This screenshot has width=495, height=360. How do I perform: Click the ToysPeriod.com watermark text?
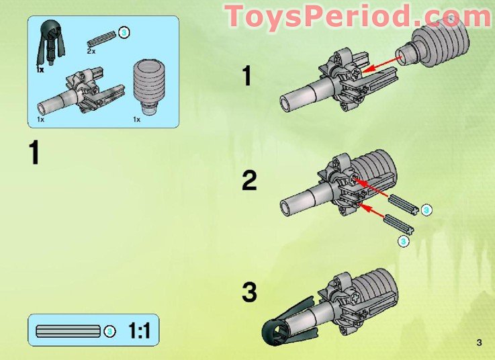358,16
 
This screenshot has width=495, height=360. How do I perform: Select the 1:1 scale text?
140,331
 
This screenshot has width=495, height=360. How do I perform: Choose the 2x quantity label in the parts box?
91,51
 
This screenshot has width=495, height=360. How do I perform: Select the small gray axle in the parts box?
101,37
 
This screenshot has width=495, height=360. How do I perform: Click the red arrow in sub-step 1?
384,64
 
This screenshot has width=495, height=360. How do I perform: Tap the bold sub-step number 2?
249,181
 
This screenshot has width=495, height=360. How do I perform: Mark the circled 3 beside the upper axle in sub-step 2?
427,210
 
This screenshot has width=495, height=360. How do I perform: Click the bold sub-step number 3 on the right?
249,293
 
